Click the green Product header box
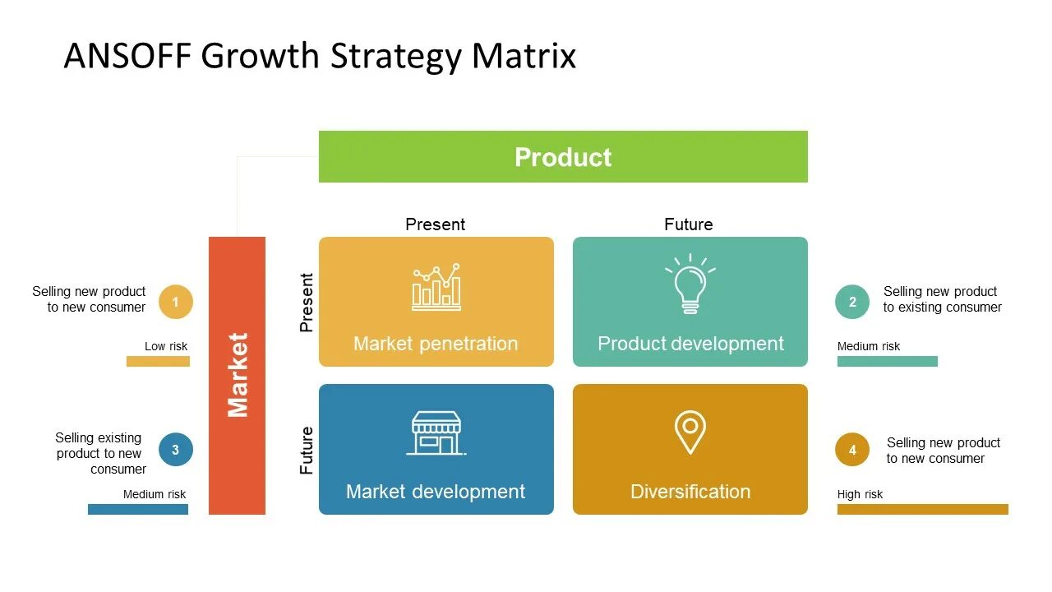tap(563, 156)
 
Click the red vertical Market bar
tap(237, 375)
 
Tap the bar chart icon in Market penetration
tap(436, 287)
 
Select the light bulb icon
tap(690, 284)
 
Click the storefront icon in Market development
tap(436, 433)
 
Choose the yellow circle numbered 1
tap(175, 302)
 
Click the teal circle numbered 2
tap(852, 302)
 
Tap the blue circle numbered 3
tap(175, 450)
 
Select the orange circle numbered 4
tap(852, 450)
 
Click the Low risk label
tap(166, 346)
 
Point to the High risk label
tap(860, 494)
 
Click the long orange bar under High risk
tap(922, 509)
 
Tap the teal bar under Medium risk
tap(887, 361)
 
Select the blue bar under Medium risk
tap(138, 509)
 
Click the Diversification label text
tap(690, 492)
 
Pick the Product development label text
tap(690, 344)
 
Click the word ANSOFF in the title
tap(127, 56)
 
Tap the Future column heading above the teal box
tap(689, 224)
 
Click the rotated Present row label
tap(307, 302)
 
